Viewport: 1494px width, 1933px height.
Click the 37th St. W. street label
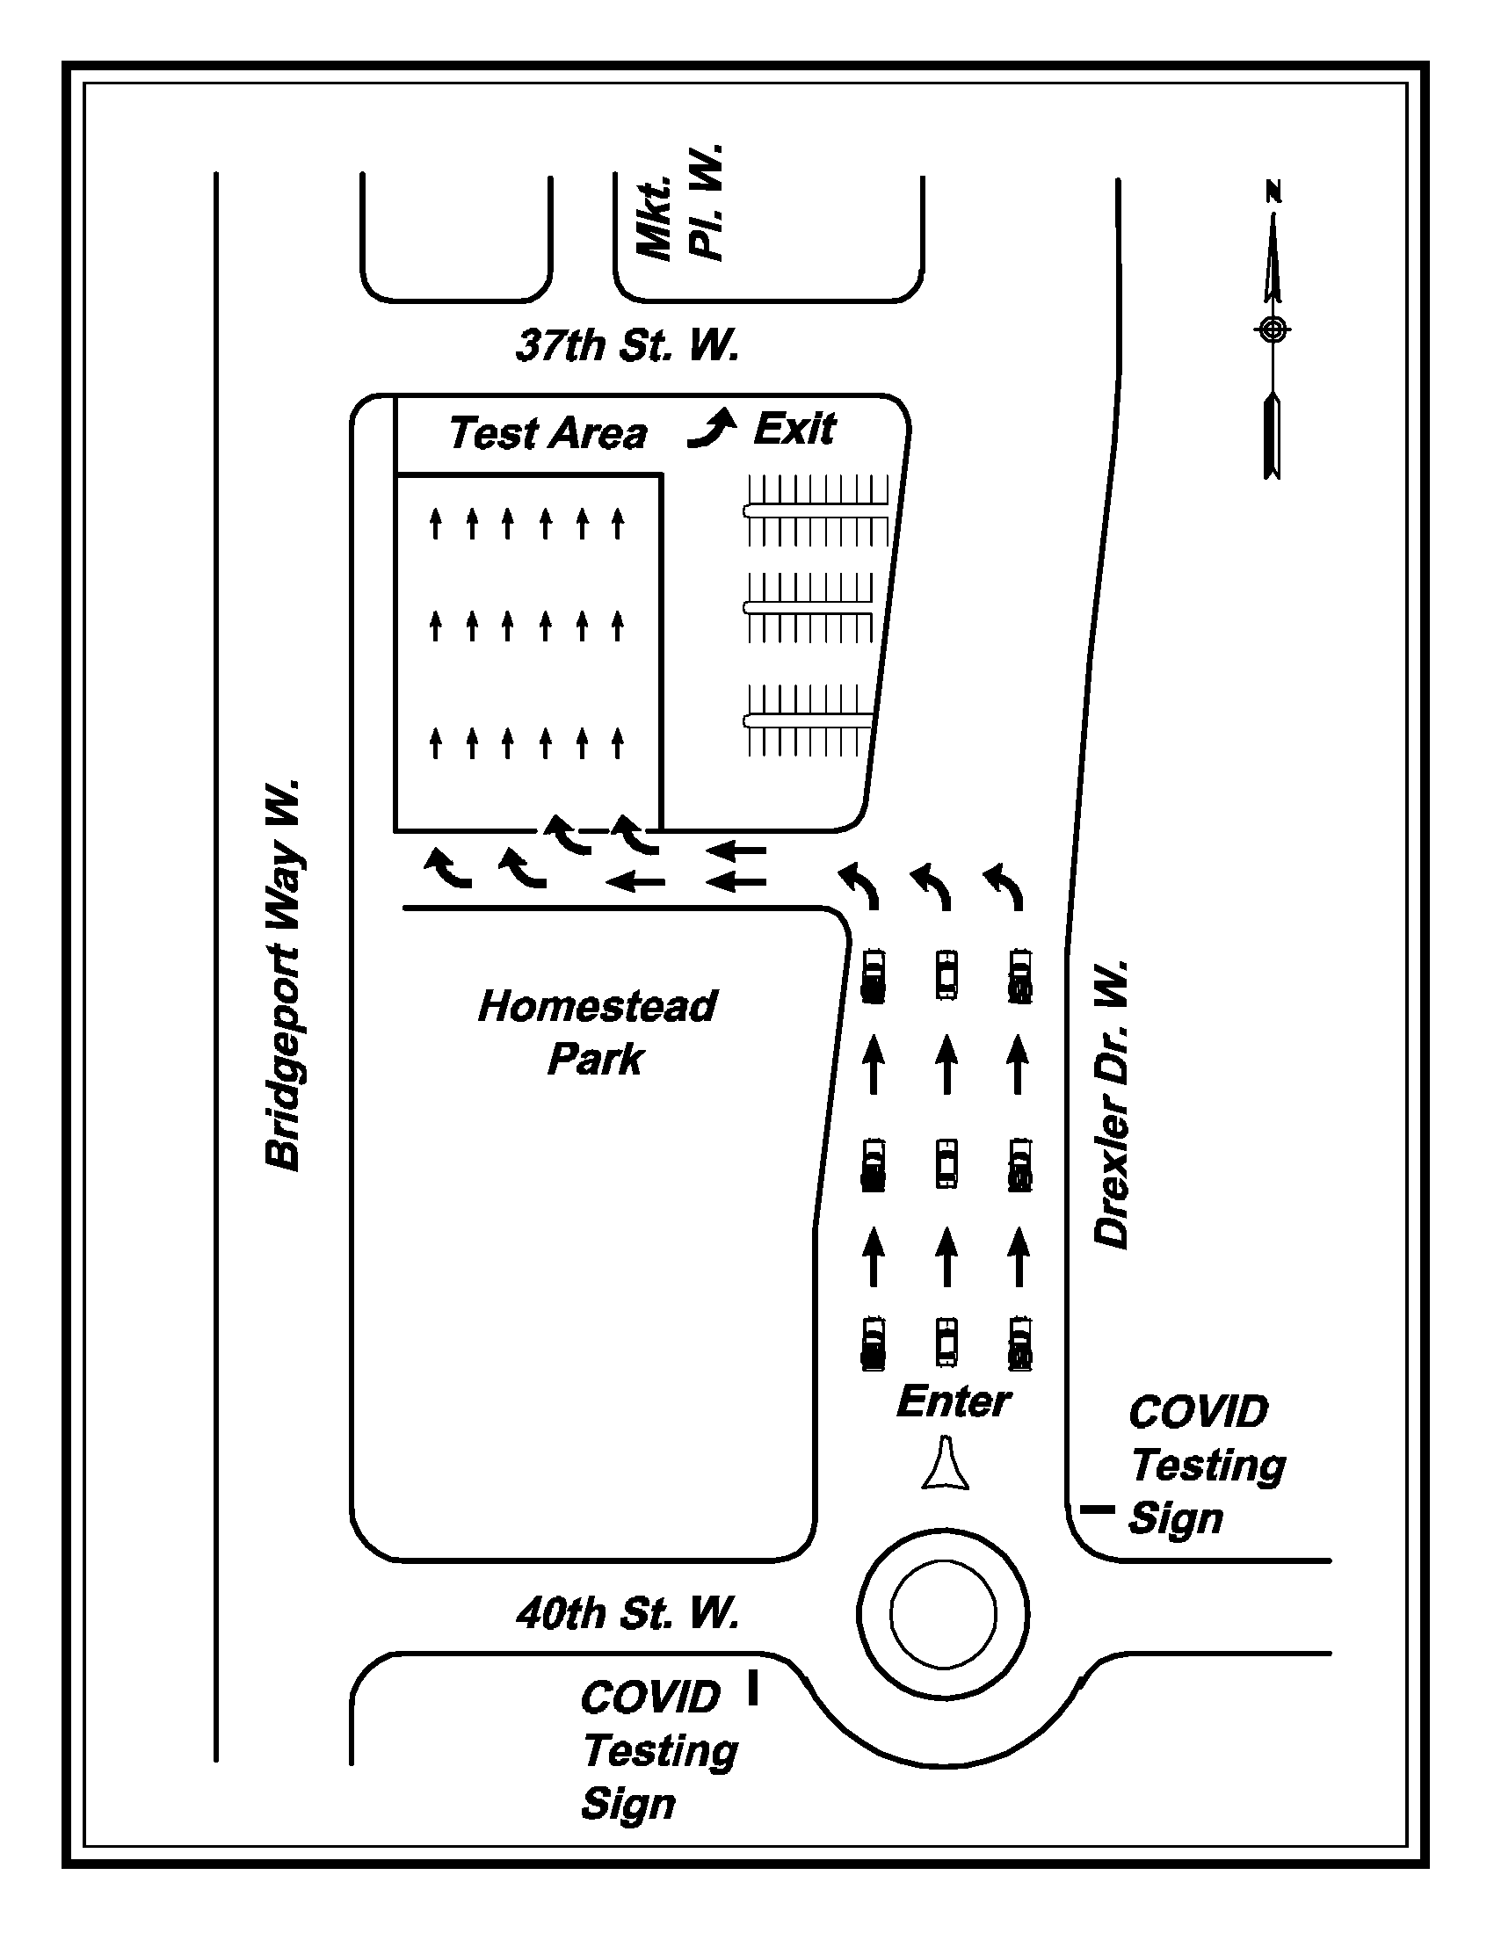click(627, 345)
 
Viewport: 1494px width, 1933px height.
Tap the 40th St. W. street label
click(627, 1612)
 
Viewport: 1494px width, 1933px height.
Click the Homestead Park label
click(597, 1033)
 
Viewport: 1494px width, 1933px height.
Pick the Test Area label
click(548, 434)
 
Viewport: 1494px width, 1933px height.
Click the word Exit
click(794, 430)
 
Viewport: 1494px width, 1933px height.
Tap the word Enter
click(954, 1401)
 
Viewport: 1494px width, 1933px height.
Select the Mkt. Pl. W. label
click(680, 203)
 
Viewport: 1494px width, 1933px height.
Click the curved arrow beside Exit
click(713, 429)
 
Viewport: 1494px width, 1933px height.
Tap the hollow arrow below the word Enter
click(946, 1465)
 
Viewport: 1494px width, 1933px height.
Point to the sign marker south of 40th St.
click(753, 1687)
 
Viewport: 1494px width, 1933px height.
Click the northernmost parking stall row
click(817, 510)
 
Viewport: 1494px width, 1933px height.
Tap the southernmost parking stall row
click(809, 720)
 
